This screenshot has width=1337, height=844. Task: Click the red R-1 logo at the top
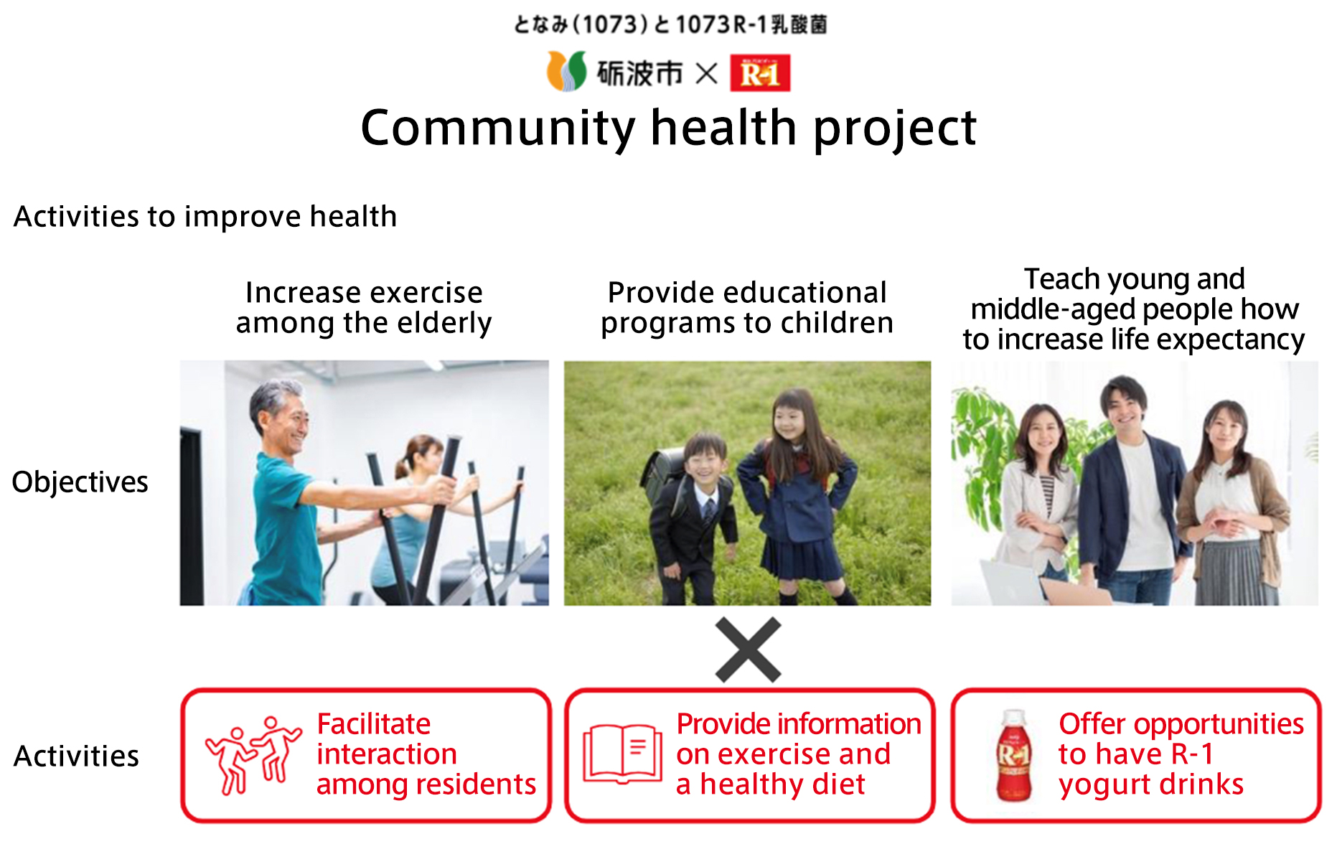[760, 72]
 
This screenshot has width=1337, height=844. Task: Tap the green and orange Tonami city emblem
[566, 71]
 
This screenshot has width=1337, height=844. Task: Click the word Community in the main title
[498, 128]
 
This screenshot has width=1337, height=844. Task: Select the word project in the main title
[894, 129]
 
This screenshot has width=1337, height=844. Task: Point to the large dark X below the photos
[748, 650]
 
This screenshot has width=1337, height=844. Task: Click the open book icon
[622, 753]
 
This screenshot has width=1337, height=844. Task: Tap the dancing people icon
[253, 755]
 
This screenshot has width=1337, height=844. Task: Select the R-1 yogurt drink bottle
[1013, 755]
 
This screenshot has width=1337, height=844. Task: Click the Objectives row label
[80, 482]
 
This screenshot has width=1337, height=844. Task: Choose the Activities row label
[76, 756]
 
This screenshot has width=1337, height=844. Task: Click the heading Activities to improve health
[205, 216]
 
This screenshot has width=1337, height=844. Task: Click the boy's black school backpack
[662, 474]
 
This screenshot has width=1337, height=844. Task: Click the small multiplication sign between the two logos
[707, 73]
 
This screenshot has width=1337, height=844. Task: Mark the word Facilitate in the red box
[374, 723]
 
